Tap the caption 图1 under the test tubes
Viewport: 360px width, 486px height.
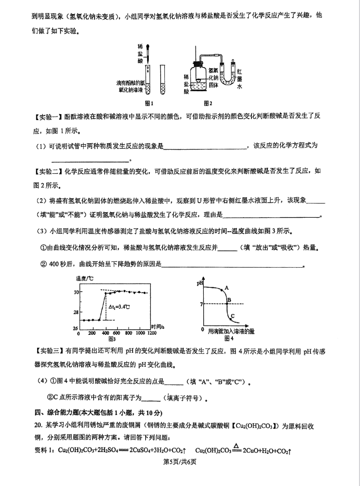(149, 104)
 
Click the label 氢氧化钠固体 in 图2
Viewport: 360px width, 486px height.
(212, 78)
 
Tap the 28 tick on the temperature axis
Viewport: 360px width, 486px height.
(76, 312)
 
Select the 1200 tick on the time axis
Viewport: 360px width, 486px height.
(151, 333)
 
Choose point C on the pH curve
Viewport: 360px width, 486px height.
(231, 316)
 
